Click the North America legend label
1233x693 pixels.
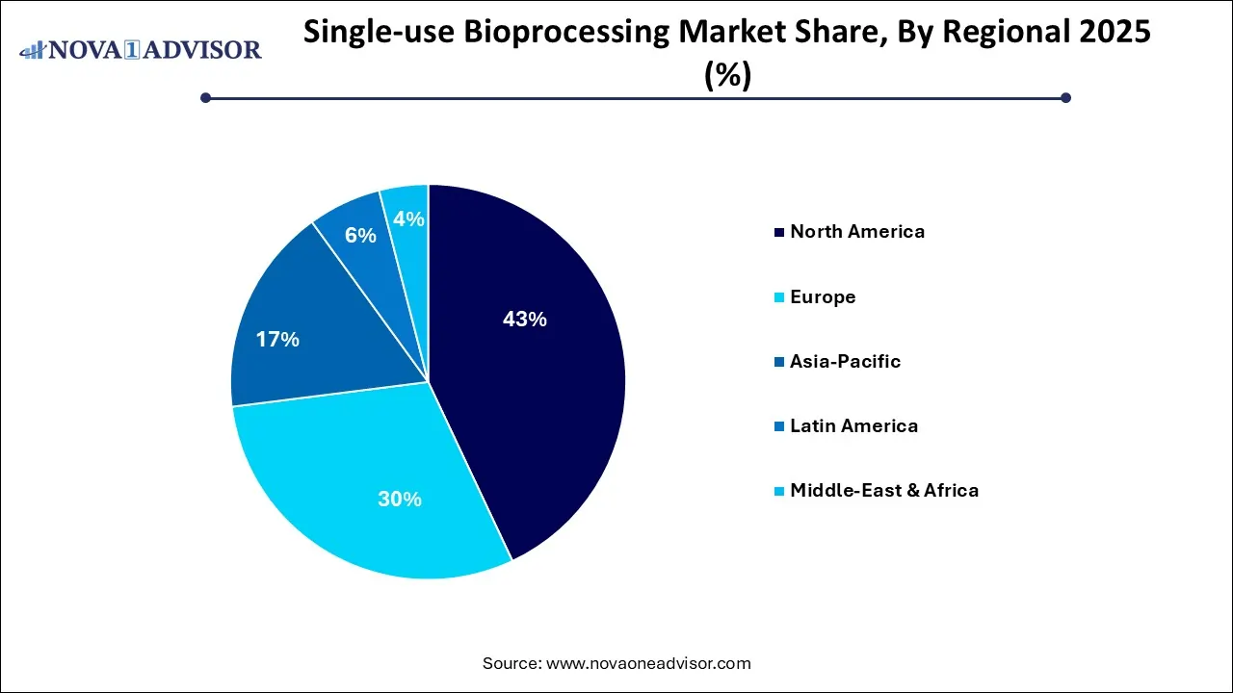pos(857,231)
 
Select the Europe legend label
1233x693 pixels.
pos(823,296)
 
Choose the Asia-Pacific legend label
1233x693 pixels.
pos(845,361)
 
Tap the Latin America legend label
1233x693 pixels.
pos(853,425)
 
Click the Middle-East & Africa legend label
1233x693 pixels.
pos(884,490)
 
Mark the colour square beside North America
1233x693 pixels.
pos(777,232)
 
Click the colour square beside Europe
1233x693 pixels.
pos(777,297)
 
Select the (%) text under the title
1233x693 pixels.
pos(728,75)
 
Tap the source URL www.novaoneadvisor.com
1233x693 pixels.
pos(648,663)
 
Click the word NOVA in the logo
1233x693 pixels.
pos(93,49)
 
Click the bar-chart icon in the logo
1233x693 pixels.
pos(33,49)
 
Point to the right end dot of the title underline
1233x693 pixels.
pos(1065,97)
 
